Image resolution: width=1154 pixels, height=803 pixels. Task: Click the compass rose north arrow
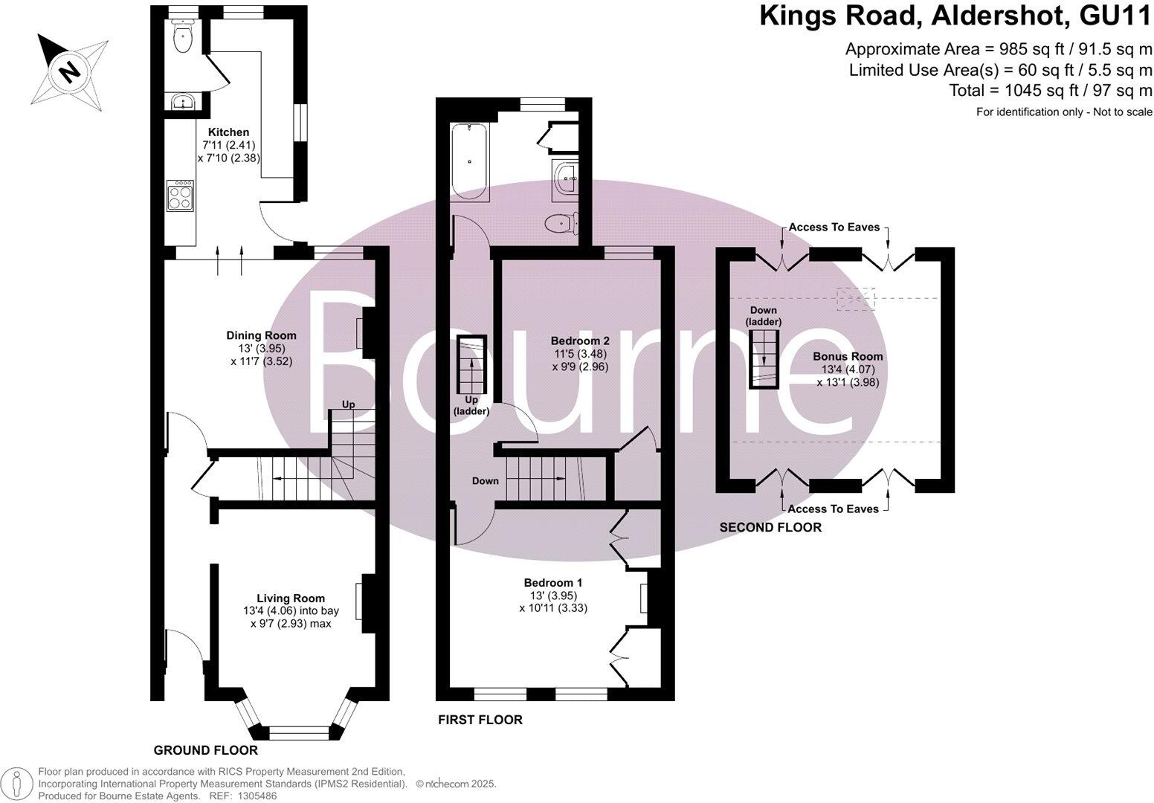(68, 71)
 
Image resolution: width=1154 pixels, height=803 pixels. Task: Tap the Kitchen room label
(228, 132)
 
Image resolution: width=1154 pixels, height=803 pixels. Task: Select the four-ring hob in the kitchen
(180, 195)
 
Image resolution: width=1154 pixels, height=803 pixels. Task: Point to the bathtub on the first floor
(470, 162)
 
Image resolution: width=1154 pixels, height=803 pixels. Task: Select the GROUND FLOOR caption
(205, 750)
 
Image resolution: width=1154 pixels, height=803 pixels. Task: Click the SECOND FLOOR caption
(770, 527)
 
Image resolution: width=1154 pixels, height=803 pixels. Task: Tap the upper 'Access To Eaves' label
(834, 227)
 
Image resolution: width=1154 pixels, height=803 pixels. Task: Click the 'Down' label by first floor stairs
(485, 481)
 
